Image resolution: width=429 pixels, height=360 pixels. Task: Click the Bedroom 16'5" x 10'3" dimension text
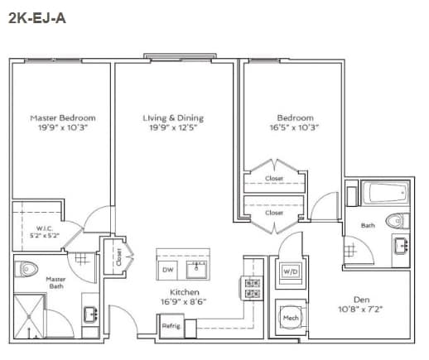[x=294, y=128]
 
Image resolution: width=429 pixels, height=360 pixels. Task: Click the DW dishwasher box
[x=168, y=271]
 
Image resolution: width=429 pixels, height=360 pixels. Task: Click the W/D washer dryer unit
[x=291, y=271]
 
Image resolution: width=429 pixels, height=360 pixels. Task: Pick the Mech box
[x=291, y=316]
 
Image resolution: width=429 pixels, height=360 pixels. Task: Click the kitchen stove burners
[x=253, y=287]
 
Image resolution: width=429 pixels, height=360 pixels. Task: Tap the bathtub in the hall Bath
[x=387, y=194]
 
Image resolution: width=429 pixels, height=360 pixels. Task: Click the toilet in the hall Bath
[x=398, y=220]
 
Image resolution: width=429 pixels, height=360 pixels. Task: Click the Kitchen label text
[x=182, y=293]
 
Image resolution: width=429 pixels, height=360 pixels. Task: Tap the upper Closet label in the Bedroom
[x=274, y=179]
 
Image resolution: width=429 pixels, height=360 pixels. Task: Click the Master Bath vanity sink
[x=90, y=314]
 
